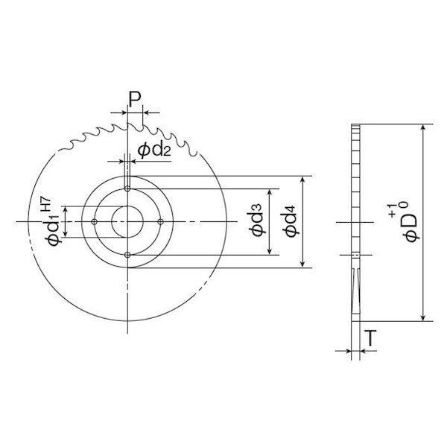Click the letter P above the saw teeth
tap(135, 99)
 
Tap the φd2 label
tap(154, 150)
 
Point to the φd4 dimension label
tap(291, 221)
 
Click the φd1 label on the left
tap(53, 230)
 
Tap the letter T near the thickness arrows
tap(370, 338)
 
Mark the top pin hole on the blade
tap(127, 188)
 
